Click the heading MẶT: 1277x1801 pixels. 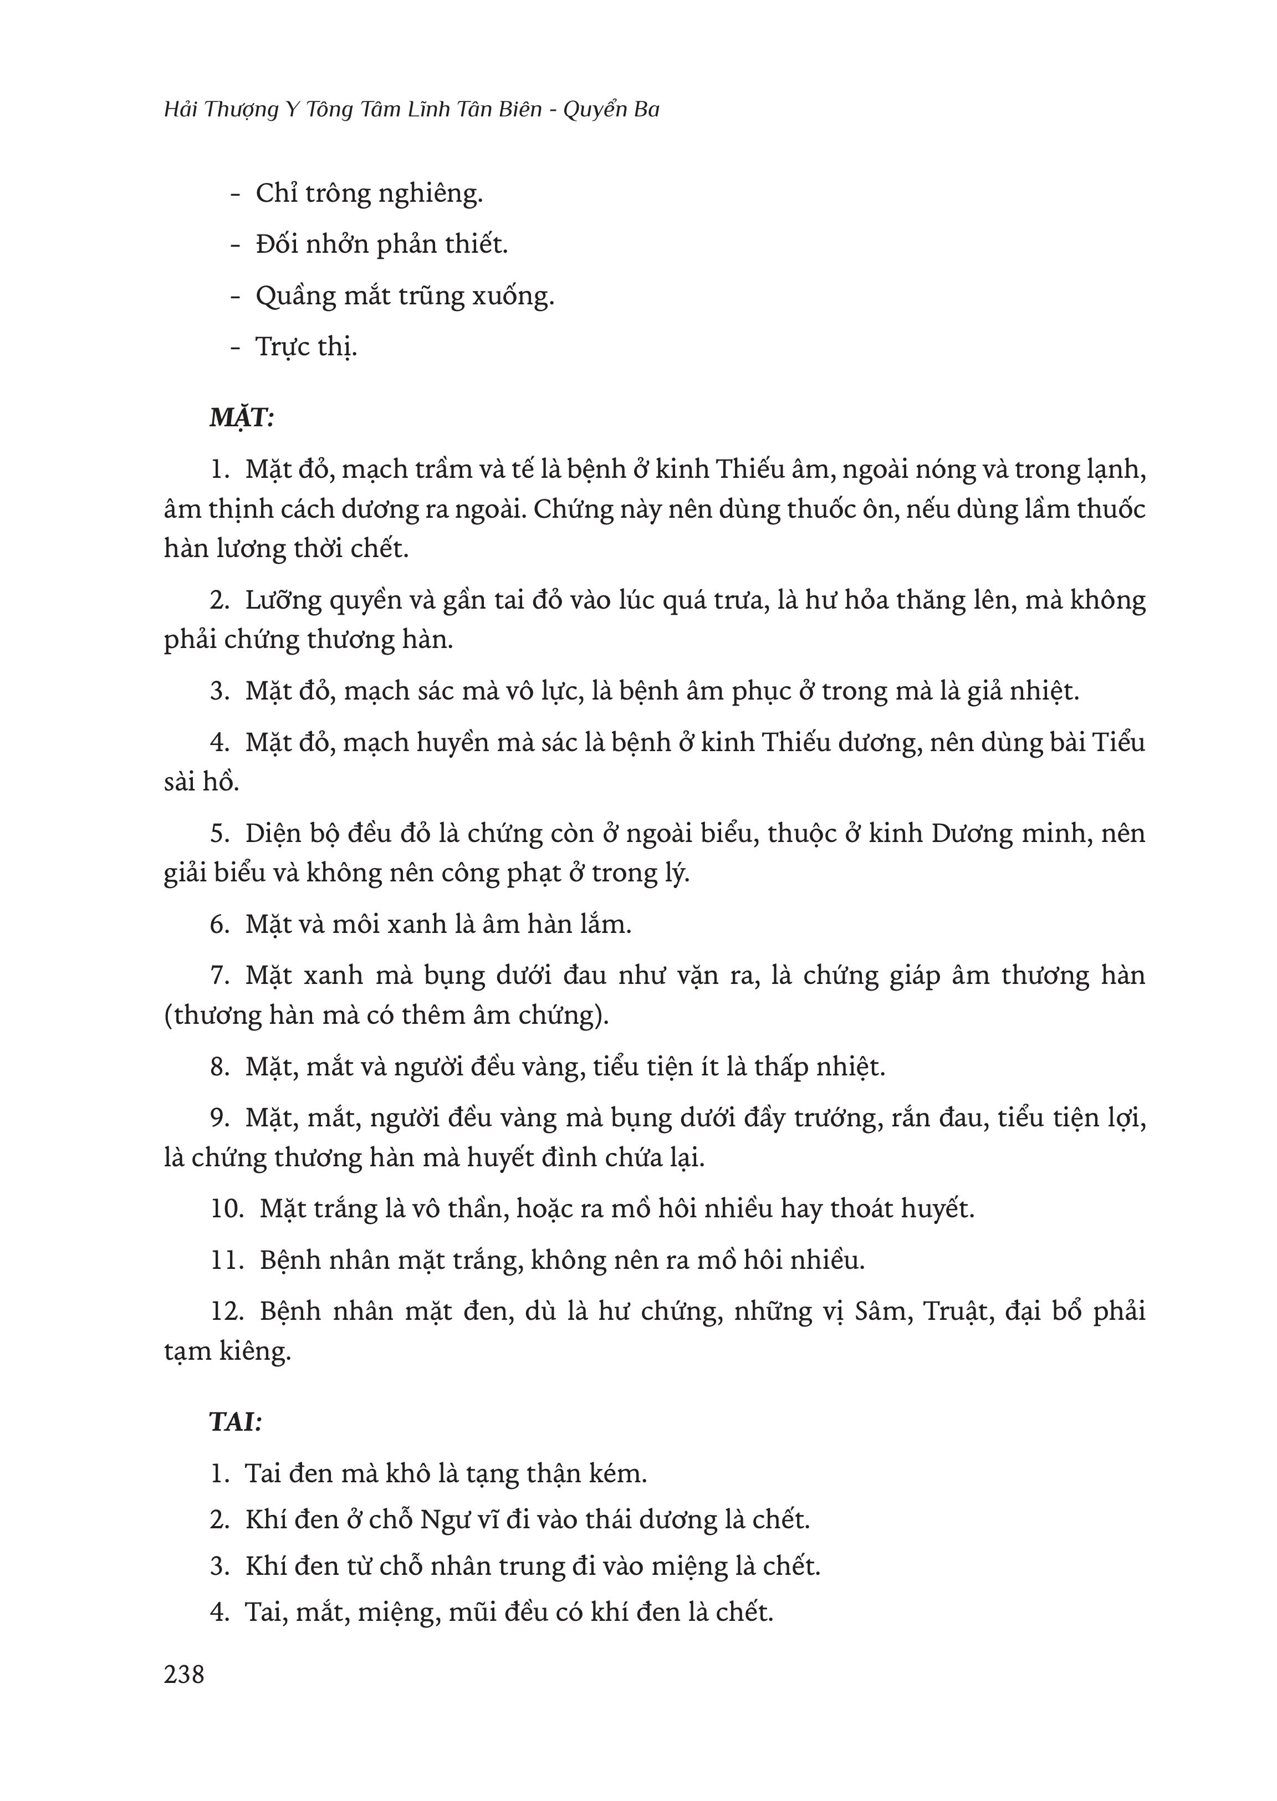(242, 417)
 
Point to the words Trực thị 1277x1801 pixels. (307, 347)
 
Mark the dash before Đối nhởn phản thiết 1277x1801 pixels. (234, 246)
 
